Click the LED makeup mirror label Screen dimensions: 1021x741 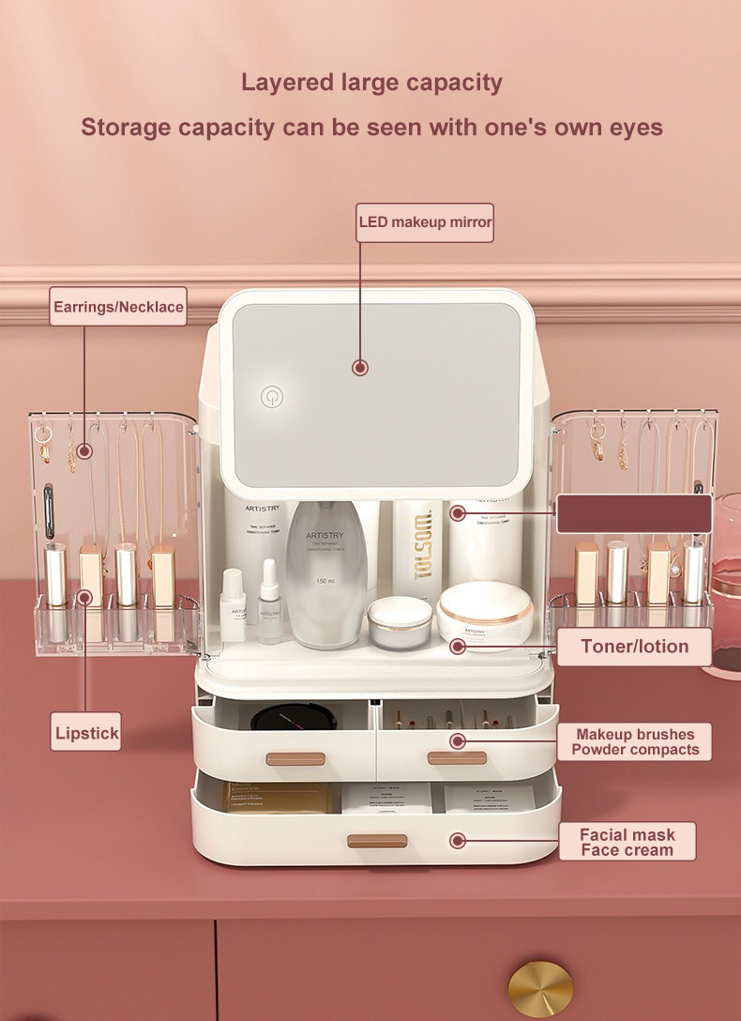click(425, 222)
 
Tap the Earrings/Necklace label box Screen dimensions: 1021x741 click(118, 307)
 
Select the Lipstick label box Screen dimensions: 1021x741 click(86, 732)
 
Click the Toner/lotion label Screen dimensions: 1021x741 click(634, 647)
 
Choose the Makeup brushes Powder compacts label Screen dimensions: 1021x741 click(635, 741)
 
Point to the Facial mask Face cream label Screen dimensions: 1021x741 click(627, 842)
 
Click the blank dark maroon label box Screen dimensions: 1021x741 click(634, 513)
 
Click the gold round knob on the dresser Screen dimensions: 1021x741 click(540, 987)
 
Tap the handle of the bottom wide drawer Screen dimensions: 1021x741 click(377, 841)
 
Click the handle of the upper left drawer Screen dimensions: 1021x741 click(295, 758)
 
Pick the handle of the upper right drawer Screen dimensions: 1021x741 click(457, 757)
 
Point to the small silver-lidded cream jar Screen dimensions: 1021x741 click(399, 621)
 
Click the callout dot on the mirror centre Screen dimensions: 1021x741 click(360, 368)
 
